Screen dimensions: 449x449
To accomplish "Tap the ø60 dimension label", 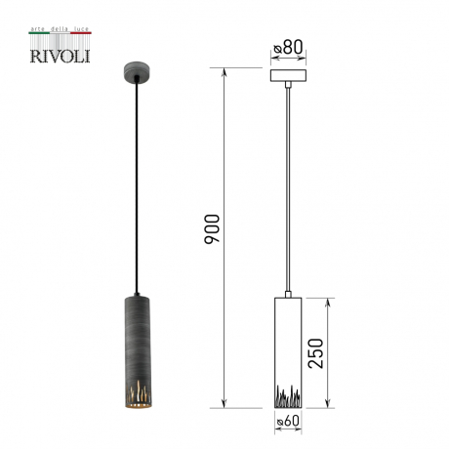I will [x=288, y=422].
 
